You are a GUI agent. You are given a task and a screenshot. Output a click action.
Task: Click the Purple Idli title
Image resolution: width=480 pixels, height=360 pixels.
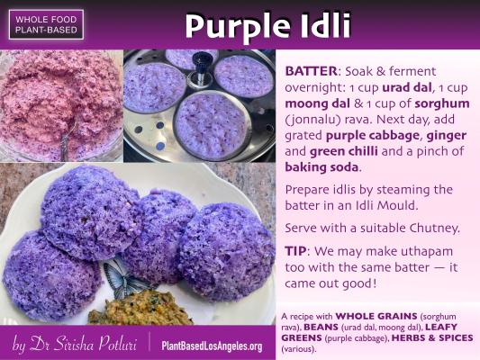[267, 26]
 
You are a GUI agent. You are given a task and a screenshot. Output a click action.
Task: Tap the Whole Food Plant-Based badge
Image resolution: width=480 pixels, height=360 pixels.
[46, 24]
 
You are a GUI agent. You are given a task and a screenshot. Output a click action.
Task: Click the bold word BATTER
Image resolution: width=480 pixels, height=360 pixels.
[311, 71]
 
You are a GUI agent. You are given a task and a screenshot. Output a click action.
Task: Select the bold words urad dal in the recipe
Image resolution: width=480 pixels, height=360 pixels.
[407, 87]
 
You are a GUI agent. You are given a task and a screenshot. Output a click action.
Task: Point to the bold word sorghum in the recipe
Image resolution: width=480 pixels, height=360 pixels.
[442, 104]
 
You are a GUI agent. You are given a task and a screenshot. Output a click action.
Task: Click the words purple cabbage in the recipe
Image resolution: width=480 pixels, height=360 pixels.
[372, 136]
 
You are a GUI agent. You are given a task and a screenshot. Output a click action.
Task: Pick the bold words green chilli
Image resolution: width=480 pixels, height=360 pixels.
[344, 151]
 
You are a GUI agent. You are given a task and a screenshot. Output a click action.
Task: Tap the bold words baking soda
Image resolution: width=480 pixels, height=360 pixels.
[322, 167]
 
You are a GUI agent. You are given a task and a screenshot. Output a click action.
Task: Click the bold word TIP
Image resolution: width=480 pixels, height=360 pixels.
[295, 251]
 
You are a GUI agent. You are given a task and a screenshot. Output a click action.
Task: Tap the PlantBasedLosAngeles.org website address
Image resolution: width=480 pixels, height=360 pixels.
[212, 346]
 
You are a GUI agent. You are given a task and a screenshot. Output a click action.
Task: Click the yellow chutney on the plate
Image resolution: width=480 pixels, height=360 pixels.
[140, 309]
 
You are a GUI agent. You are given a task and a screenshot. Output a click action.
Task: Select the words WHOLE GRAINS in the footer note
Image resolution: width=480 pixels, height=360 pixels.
[376, 316]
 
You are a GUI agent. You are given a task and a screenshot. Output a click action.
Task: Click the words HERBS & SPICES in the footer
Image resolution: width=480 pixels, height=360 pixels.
[432, 338]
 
